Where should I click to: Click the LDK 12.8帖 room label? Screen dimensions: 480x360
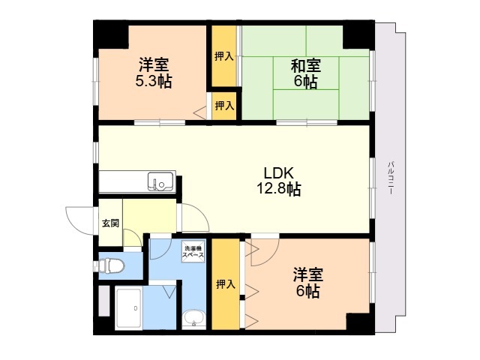pos(278,181)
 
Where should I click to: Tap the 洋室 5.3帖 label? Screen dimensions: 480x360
pos(154,73)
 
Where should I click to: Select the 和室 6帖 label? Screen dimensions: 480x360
pos(306,73)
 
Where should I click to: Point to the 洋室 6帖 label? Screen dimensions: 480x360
pos(308,283)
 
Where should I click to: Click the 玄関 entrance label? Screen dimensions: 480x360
pos(110,223)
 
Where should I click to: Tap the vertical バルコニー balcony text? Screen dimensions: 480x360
pos(390,178)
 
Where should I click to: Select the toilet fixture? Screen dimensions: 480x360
pos(111,265)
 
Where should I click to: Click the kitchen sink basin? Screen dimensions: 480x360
pos(160,181)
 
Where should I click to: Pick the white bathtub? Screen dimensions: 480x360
pos(128,307)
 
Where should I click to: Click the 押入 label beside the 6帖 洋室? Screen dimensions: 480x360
pos(226,284)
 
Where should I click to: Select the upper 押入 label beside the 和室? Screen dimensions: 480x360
pos(224,56)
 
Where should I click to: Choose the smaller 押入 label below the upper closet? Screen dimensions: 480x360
pos(224,106)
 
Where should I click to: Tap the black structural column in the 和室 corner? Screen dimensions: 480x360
pos(358,35)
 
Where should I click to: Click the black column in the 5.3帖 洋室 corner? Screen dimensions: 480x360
pos(111,34)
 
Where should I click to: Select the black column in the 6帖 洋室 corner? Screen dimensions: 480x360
pos(360,323)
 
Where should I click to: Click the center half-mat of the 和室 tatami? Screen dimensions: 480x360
pos(306,73)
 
